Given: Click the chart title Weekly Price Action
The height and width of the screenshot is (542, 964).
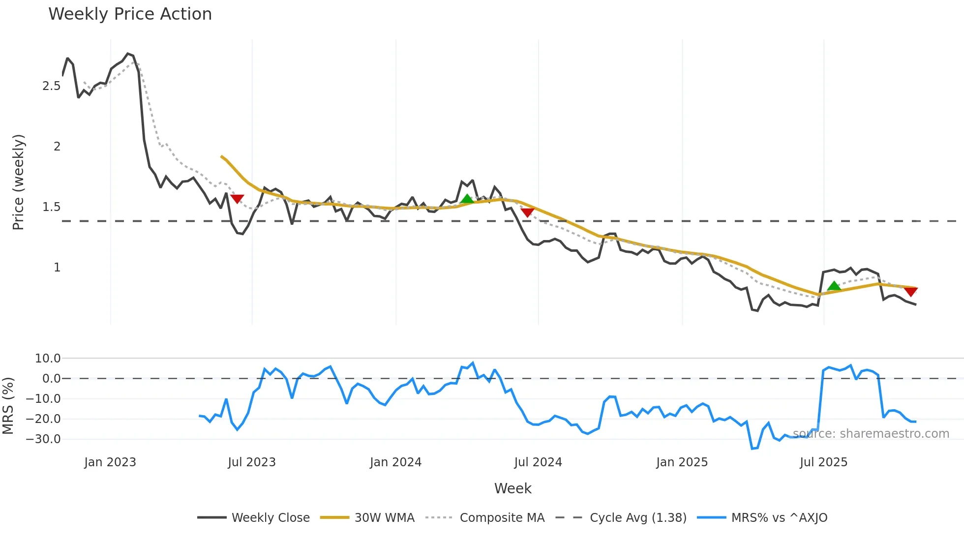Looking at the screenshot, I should [130, 14].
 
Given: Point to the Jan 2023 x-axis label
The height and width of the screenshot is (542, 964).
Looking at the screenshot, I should [110, 462].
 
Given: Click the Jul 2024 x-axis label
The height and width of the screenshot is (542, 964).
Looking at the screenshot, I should [538, 462].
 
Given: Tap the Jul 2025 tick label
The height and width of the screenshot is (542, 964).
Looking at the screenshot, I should [824, 462].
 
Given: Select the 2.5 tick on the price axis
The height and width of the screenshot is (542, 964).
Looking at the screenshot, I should [52, 86].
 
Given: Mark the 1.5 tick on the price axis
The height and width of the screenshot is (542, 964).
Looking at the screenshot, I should [52, 207].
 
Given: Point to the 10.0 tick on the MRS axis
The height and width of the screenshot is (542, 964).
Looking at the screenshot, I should [48, 359].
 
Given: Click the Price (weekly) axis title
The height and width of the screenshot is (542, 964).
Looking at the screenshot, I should [18, 182].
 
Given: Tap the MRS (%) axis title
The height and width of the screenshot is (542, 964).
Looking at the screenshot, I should [8, 406].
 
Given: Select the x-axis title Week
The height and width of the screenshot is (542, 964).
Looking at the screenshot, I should [512, 488].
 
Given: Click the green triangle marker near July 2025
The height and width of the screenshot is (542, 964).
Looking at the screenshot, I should [834, 286].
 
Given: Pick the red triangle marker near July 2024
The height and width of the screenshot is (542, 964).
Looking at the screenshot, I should [527, 212].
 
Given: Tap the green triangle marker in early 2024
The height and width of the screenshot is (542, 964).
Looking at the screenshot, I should [467, 199].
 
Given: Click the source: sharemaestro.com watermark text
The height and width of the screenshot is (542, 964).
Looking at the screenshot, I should [871, 434].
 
